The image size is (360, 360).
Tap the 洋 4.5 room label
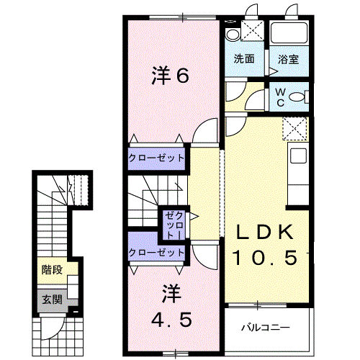point(171,307)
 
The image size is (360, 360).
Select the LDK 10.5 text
point(264,244)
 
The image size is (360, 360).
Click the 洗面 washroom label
point(243,60)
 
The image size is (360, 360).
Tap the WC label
point(281,96)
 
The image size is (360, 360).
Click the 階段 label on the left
point(51,271)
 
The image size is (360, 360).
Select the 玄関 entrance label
point(51,298)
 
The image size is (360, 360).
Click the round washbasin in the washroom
point(232,35)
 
